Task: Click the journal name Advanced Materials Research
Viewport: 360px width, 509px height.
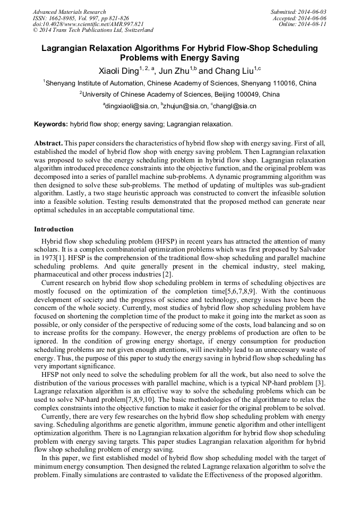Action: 69,12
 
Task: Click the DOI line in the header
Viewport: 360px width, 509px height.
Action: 88,24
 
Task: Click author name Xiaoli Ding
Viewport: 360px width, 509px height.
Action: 118,71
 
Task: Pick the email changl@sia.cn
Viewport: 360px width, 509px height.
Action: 235,106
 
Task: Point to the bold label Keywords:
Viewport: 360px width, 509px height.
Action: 51,124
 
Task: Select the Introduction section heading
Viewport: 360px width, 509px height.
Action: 54,229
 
